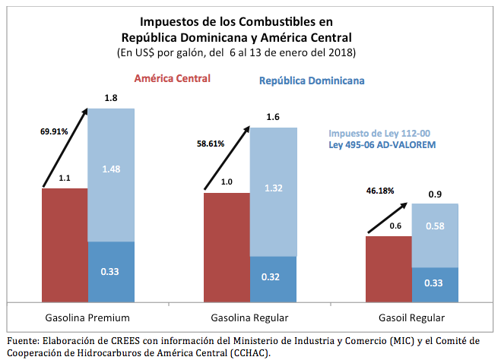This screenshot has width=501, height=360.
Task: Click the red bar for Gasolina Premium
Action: [65, 244]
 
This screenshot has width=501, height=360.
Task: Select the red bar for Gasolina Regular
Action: [227, 246]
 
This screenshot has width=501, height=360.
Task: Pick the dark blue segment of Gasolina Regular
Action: [274, 276]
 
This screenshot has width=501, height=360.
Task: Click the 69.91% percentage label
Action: [54, 131]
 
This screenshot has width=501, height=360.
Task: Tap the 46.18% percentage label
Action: [379, 190]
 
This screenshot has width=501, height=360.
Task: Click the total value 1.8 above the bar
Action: [110, 97]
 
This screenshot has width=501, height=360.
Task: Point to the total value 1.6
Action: [274, 116]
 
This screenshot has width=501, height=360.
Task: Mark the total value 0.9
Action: [436, 194]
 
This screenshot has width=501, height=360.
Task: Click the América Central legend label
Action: [172, 78]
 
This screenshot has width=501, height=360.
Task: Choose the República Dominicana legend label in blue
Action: [312, 81]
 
